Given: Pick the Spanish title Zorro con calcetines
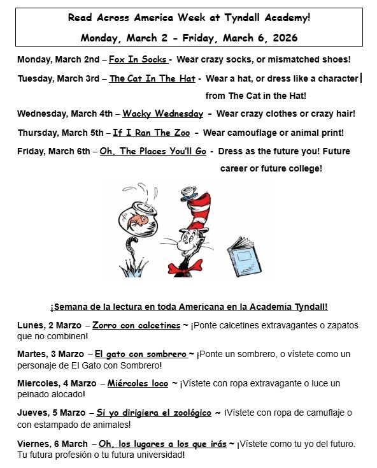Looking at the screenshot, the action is tap(136, 325).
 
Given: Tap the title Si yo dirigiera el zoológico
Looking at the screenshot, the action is tap(154, 413).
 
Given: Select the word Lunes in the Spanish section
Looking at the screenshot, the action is tap(31, 325).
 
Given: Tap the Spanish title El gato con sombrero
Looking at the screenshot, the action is tap(141, 354).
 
